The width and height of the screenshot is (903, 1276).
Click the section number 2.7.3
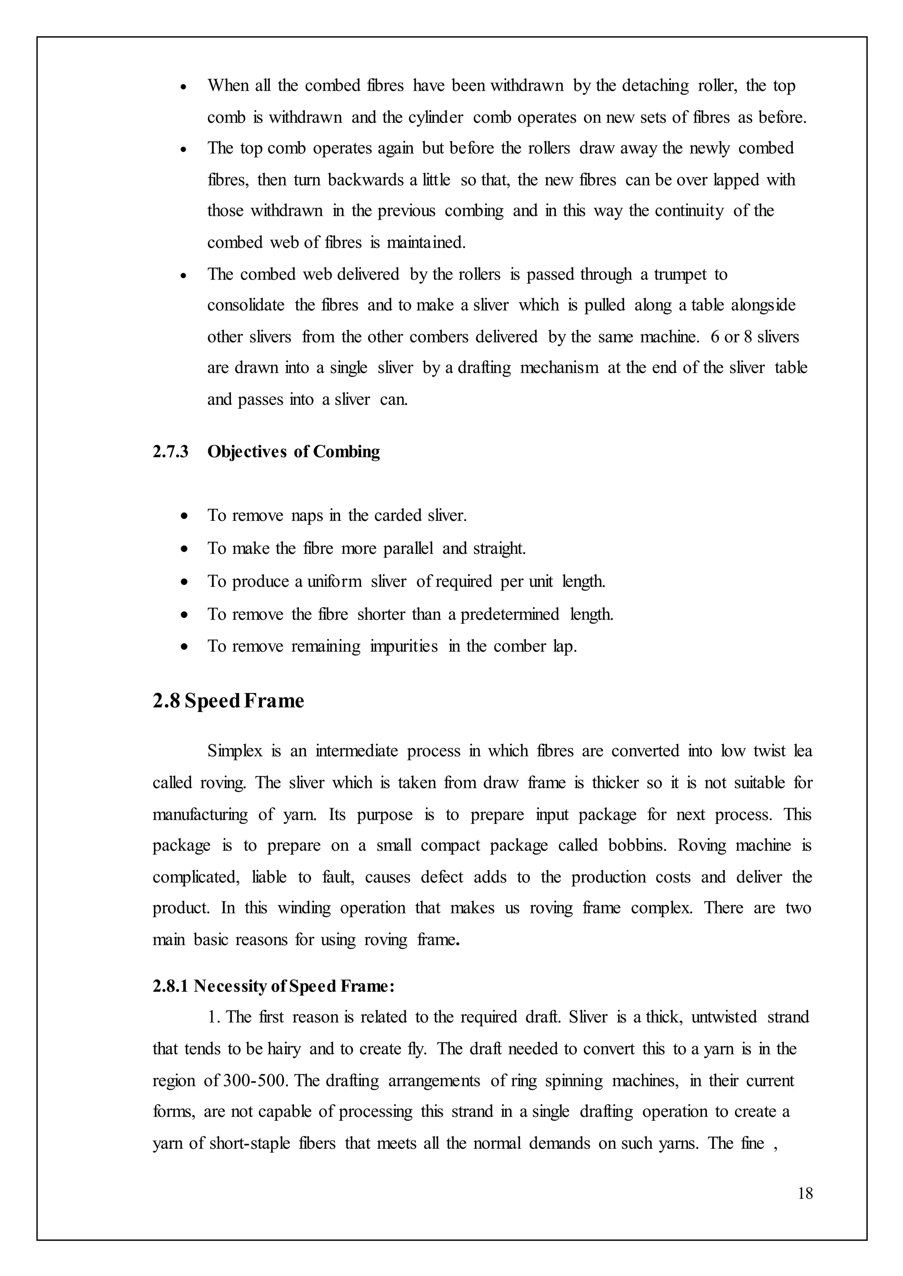coord(170,451)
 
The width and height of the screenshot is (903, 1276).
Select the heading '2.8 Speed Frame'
coord(228,701)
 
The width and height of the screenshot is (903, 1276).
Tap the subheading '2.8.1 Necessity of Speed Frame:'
coord(273,986)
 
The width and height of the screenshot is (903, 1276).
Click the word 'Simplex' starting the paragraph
coord(235,751)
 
